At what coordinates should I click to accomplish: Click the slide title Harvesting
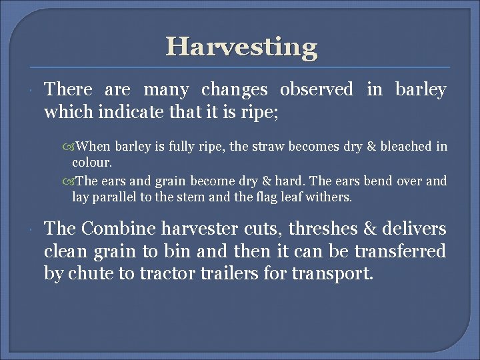tap(241, 47)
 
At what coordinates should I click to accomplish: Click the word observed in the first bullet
tap(317, 89)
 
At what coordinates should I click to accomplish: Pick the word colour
tap(92, 162)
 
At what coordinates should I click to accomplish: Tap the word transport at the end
tap(333, 274)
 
